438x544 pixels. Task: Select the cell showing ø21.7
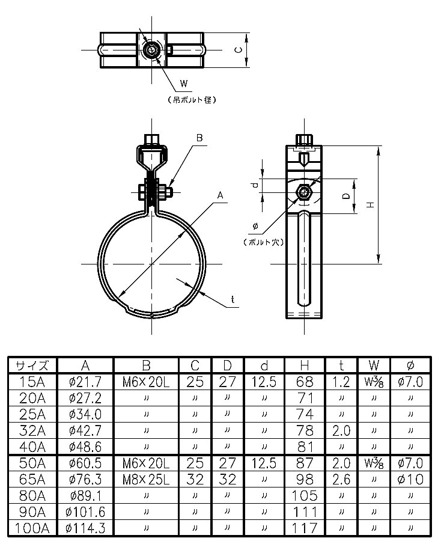coord(85,381)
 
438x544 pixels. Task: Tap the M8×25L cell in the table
coord(146,479)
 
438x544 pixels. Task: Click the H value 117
coord(305,528)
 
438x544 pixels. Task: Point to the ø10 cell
coord(410,479)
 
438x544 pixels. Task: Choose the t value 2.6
coord(341,479)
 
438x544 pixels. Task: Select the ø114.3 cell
coord(85,528)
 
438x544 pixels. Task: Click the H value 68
coord(305,381)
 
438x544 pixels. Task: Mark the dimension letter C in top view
coord(237,50)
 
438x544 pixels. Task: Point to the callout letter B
coord(201,138)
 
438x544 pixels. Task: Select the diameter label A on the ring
coord(220,195)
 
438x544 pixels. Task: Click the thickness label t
coord(232,299)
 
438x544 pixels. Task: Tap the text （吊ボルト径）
coord(191,100)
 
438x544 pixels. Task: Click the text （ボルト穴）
coord(263,242)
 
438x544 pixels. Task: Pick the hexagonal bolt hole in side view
coord(305,193)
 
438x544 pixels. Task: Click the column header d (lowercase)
coord(264,365)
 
